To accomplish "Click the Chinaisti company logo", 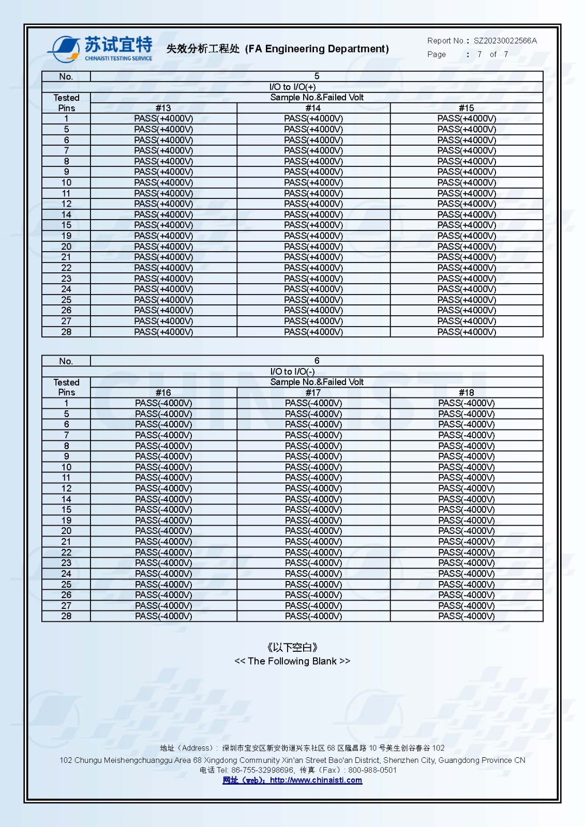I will point(100,49).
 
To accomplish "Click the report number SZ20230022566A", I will point(505,41).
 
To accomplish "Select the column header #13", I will point(163,108).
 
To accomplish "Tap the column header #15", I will point(466,108).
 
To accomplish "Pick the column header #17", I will point(313,393).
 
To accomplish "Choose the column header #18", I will point(466,393).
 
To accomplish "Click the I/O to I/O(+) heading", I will point(292,87).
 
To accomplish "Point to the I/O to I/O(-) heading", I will point(292,372).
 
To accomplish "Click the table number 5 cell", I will point(317,76).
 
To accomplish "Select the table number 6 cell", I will point(317,361).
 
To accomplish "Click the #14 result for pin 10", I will point(313,182).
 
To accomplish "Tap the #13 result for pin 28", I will point(163,332).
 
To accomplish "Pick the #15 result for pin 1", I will point(466,118).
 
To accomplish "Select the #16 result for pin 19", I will point(163,520).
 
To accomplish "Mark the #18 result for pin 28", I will point(466,616).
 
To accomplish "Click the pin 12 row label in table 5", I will point(66,204).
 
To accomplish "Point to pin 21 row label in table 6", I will point(66,542).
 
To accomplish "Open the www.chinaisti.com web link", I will point(316,780).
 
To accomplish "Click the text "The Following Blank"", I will point(292,661).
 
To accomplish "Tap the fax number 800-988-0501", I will point(372,770).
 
